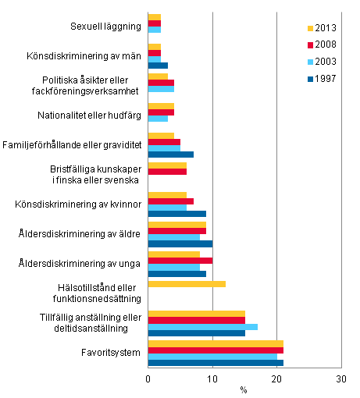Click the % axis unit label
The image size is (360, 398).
(244, 389)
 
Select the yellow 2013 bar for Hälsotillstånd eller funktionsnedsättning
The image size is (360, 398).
(187, 284)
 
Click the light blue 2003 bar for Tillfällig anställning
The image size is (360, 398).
(202, 327)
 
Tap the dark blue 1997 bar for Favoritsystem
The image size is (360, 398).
(216, 363)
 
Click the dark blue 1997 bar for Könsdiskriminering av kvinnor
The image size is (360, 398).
(177, 214)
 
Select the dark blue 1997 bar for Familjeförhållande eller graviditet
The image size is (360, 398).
(170, 155)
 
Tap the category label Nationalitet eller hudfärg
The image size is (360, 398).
(96, 115)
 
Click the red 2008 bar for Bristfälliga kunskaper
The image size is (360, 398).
(167, 172)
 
